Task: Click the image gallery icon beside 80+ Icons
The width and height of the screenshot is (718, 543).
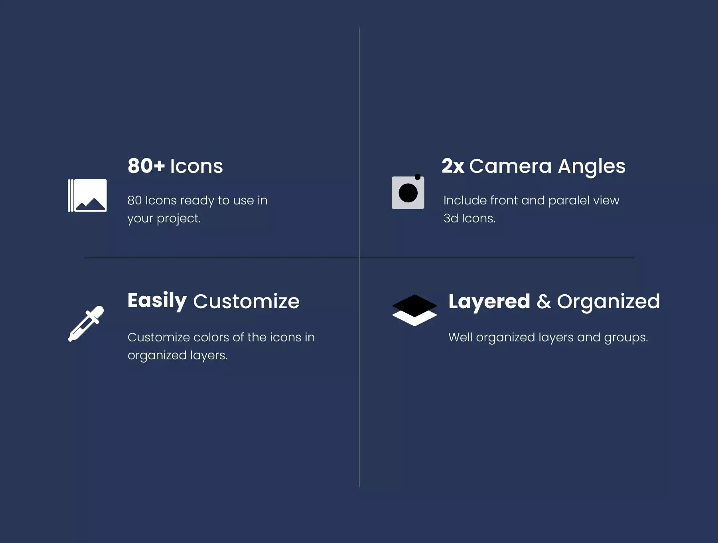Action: (x=87, y=196)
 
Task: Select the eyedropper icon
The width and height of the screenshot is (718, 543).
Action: (x=86, y=324)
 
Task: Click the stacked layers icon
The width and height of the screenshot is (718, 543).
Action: (x=414, y=310)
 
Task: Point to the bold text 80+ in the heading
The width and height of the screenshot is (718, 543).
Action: (x=146, y=166)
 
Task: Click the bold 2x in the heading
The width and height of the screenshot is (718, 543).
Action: (x=453, y=166)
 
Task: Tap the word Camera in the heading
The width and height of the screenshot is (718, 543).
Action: (x=510, y=166)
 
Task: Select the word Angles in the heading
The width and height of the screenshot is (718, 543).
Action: (x=592, y=167)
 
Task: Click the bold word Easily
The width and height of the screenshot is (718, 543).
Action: (x=157, y=301)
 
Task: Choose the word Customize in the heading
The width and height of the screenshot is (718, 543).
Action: (x=246, y=301)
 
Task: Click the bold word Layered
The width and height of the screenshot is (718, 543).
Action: (x=489, y=302)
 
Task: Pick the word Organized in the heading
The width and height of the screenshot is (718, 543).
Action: (x=608, y=302)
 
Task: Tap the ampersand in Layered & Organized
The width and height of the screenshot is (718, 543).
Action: (x=544, y=301)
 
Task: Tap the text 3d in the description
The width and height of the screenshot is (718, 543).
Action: (x=451, y=218)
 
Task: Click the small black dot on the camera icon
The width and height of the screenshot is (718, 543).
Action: (x=418, y=177)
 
